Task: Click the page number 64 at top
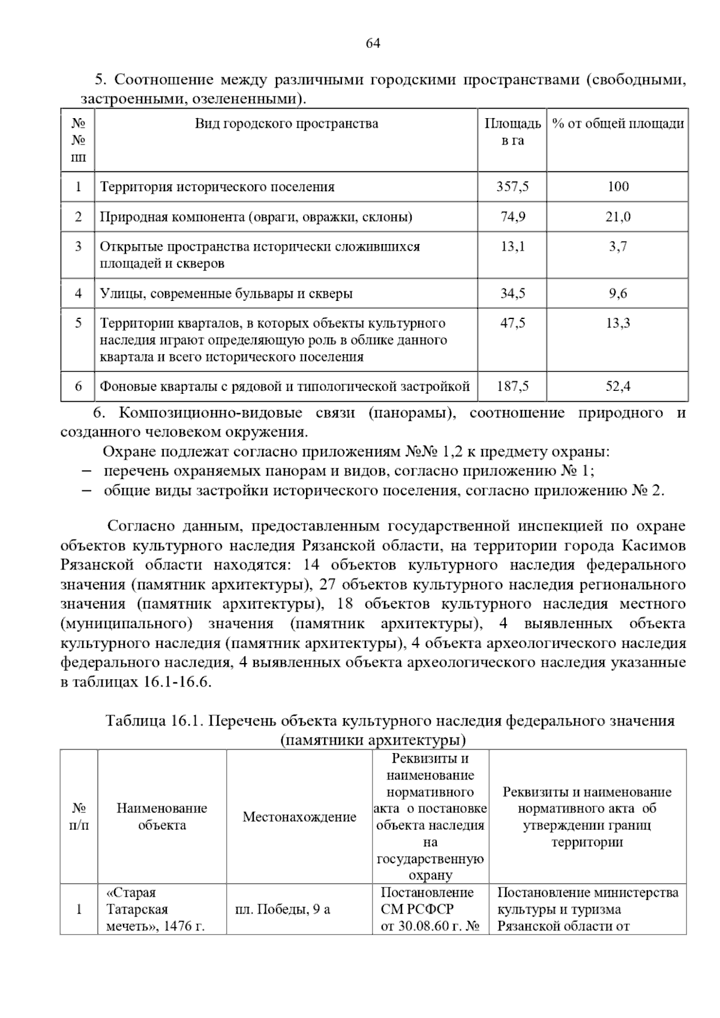click(x=372, y=43)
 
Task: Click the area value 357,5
click(x=512, y=186)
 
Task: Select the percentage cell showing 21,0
click(x=617, y=216)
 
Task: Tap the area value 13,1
click(x=512, y=246)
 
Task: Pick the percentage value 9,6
click(x=617, y=293)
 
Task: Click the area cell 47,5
click(x=512, y=323)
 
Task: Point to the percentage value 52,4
click(x=617, y=387)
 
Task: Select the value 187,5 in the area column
click(x=512, y=387)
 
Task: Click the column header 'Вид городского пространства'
click(x=286, y=124)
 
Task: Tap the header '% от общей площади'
click(x=617, y=124)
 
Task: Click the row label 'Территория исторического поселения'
click(x=217, y=187)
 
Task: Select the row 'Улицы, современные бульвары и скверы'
click(x=226, y=294)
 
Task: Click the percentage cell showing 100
click(x=617, y=186)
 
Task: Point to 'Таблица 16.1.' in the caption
click(x=155, y=721)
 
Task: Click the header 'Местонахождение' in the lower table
click(x=299, y=817)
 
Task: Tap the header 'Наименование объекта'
click(x=162, y=817)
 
